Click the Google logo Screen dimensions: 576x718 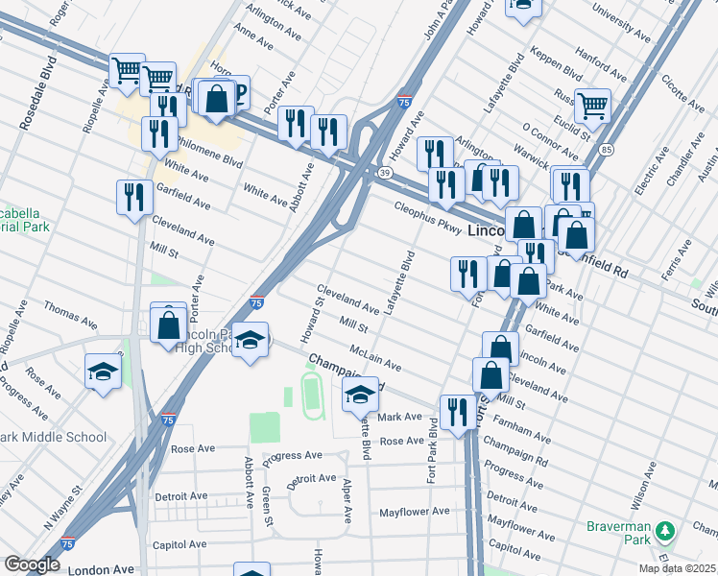(x=32, y=564)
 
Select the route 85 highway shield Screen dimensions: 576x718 (x=605, y=150)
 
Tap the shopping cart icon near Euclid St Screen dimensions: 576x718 (x=592, y=105)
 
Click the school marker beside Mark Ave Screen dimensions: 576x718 (x=361, y=393)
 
